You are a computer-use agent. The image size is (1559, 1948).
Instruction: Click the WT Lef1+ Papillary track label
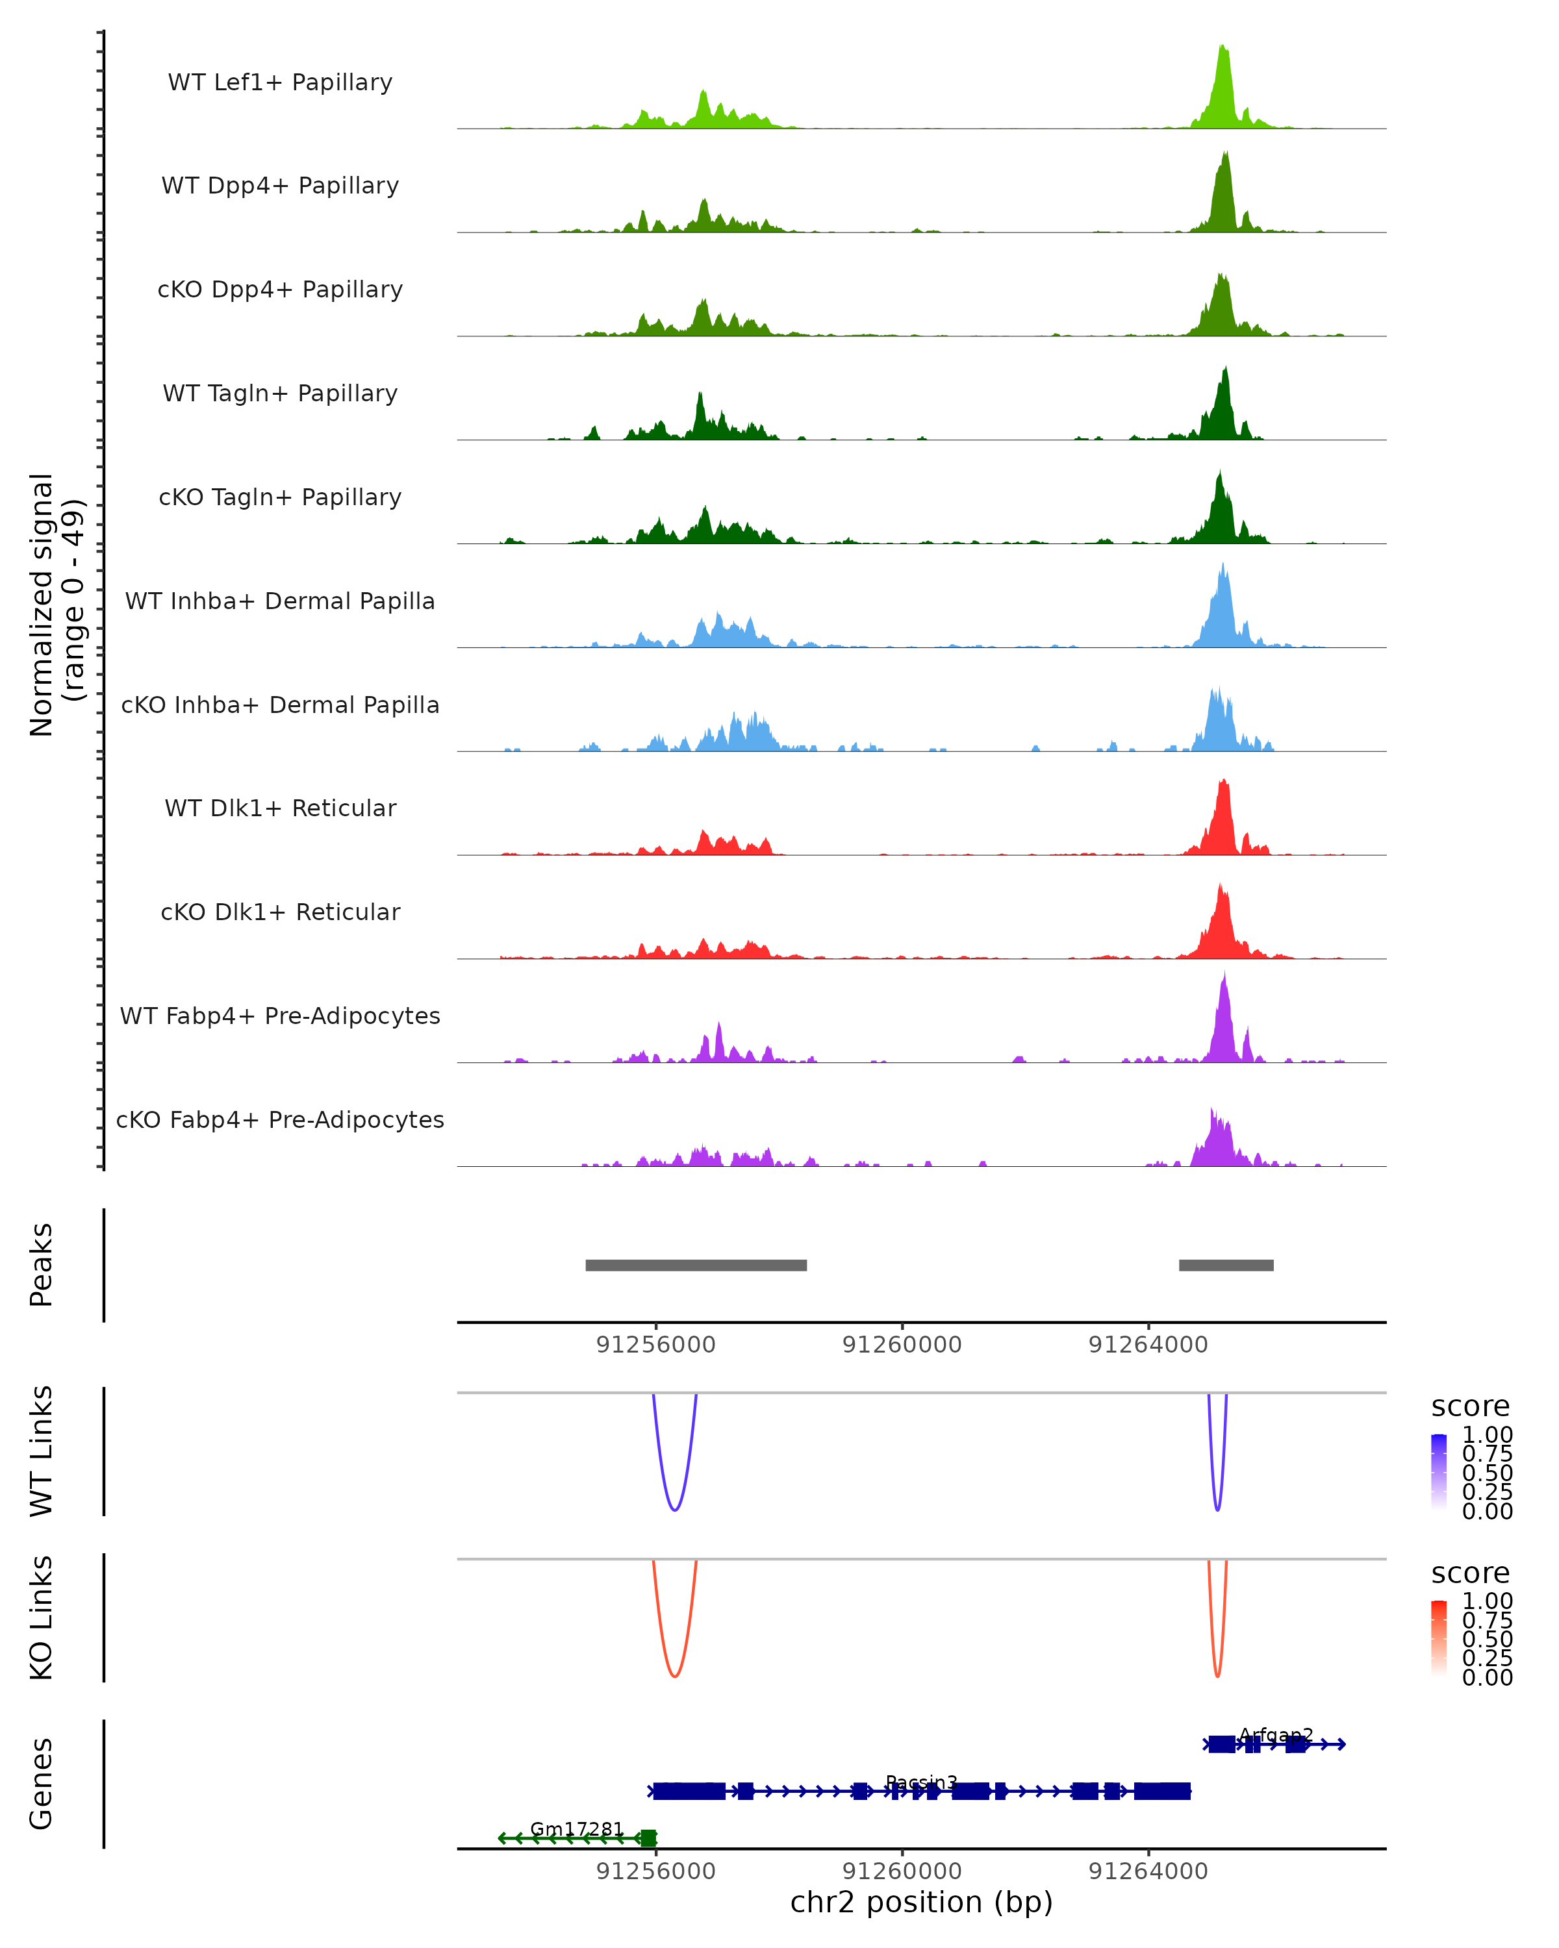280,82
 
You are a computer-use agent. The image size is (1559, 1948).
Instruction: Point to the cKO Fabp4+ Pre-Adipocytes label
280,1119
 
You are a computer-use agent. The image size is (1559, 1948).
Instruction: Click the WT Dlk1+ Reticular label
280,808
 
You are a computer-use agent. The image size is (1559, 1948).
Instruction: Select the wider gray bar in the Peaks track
696,1265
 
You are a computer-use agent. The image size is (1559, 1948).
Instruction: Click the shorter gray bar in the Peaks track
1226,1265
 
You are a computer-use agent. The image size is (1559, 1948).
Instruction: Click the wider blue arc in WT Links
674,1508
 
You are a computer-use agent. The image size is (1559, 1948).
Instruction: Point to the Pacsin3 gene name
921,1782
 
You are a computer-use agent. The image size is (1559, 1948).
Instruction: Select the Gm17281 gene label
577,1829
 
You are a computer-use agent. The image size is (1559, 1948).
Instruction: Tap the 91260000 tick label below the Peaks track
902,1345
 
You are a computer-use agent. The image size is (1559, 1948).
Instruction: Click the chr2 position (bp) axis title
921,1902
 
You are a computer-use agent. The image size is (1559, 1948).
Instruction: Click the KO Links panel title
42,1617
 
